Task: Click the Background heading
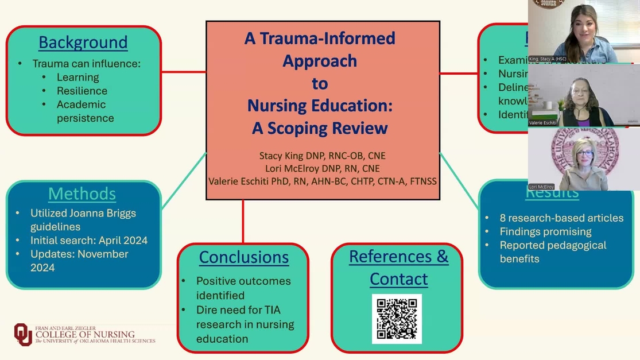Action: [83, 42]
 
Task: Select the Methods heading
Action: [82, 194]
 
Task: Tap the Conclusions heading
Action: [244, 258]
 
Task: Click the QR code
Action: [397, 319]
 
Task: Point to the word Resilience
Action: [82, 91]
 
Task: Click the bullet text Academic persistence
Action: [85, 111]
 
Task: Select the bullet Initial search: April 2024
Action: [89, 241]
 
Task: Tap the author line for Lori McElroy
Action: [322, 168]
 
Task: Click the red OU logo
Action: [23, 335]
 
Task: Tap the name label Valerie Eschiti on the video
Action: [542, 123]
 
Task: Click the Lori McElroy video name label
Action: [541, 187]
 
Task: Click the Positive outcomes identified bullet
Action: [243, 288]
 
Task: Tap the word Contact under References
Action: [398, 280]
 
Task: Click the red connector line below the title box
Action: [243, 221]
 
